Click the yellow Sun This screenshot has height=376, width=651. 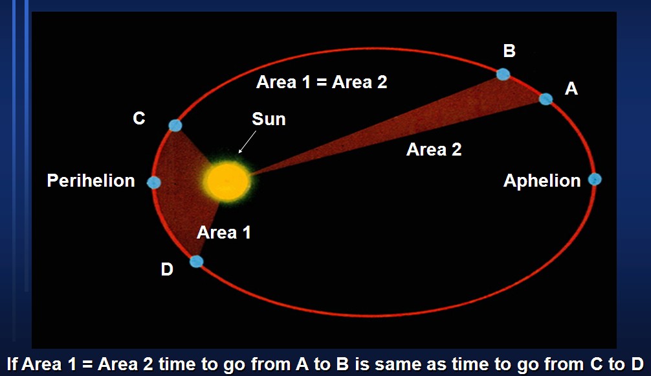coord(227,180)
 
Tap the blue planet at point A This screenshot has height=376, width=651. coord(546,99)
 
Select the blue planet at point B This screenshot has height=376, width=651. coord(503,74)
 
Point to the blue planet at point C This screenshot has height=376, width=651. coord(175,125)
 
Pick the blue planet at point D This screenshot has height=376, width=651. coord(197,261)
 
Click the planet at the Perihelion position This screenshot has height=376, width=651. coord(154,183)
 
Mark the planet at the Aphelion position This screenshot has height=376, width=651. coord(595,180)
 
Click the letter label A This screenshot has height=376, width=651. coord(571,89)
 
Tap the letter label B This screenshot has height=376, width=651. coord(509,51)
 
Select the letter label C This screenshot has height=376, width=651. coord(139,119)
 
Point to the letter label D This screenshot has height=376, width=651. coord(167,270)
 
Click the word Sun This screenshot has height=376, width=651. coord(269,119)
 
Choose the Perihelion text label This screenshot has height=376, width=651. coord(91,181)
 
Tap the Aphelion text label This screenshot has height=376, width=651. coord(542,181)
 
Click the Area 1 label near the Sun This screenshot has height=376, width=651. coord(223,232)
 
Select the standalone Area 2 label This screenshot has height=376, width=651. coord(434,150)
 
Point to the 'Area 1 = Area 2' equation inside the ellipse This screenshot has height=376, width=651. coord(322,82)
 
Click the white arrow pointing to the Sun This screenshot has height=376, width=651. coord(247,142)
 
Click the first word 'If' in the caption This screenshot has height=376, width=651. coord(13,364)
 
